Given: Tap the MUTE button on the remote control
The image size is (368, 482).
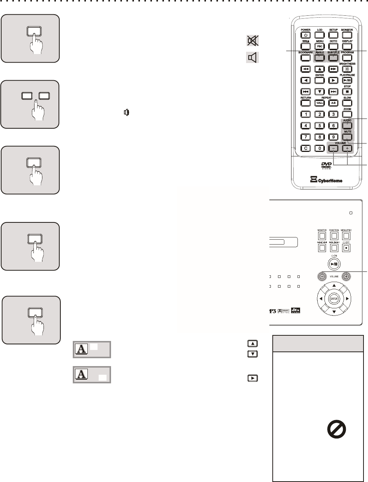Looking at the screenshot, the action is (347, 137).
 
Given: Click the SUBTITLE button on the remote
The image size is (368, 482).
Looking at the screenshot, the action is (333, 58).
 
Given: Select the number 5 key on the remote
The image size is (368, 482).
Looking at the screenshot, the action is (319, 126).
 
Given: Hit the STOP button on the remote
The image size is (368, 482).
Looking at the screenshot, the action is (347, 92).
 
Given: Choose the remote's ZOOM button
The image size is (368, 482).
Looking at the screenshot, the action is (347, 114).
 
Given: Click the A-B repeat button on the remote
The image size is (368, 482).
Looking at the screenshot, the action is (333, 103).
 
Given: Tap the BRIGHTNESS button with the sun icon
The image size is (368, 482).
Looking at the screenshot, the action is (347, 69).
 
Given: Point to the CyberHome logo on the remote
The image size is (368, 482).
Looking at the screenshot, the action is (326, 180).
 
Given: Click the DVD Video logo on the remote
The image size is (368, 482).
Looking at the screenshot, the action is (326, 166).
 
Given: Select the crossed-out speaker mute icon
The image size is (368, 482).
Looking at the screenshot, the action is (252, 40).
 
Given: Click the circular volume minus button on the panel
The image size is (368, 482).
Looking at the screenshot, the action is (321, 277).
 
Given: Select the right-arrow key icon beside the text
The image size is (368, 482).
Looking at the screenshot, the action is (252, 378).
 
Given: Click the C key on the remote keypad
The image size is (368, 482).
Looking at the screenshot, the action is (306, 148).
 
